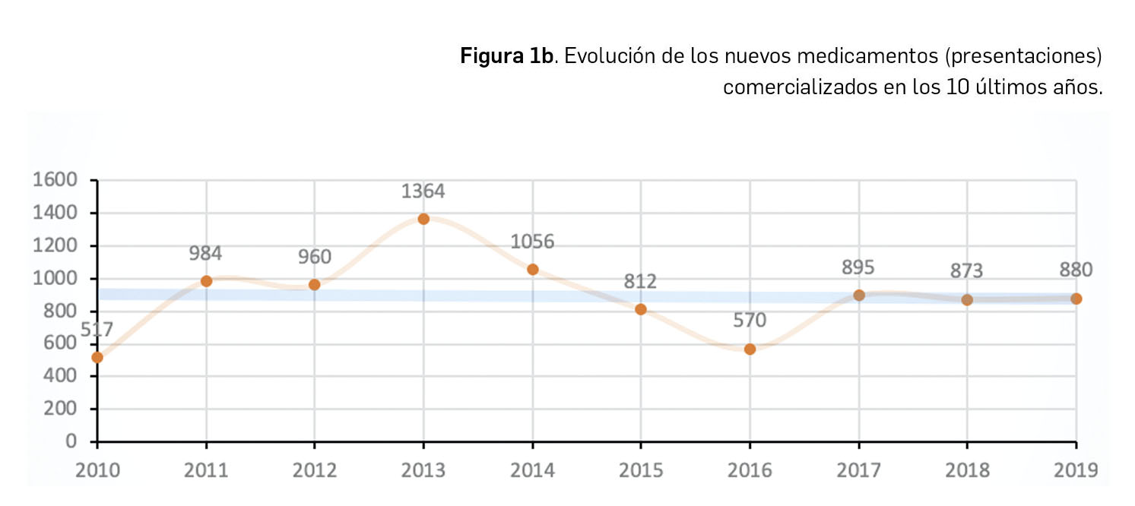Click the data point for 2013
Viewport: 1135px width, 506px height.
423,219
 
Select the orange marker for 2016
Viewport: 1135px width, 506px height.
750,349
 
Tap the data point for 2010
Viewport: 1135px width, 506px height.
97,357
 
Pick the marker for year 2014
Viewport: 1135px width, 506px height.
532,270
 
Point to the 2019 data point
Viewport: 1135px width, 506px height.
1076,299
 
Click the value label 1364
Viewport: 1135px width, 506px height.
423,191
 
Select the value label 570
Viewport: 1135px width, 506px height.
750,321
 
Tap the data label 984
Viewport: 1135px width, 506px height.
205,254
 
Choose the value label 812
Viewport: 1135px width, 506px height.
640,281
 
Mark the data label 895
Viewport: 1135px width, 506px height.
858,267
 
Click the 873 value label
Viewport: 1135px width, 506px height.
966,270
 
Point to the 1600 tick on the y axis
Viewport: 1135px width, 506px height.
54,180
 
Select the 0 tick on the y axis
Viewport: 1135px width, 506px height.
72,441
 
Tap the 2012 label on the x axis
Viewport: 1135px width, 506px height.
314,470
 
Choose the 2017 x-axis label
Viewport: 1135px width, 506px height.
858,470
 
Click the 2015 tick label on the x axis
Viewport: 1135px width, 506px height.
640,470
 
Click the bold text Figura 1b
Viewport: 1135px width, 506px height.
506,57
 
